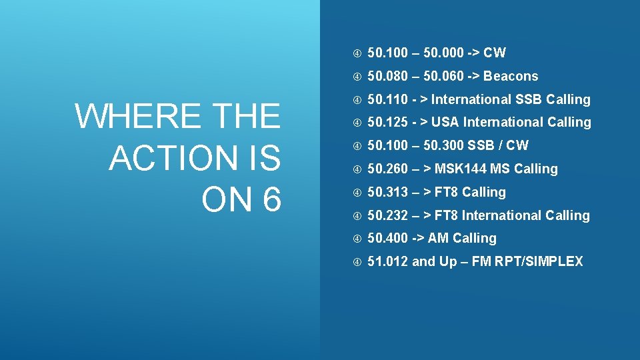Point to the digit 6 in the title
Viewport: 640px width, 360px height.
270,199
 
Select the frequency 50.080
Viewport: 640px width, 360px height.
387,76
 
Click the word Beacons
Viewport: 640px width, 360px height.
511,76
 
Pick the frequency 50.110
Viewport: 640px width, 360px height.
387,99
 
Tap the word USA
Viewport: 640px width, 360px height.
445,122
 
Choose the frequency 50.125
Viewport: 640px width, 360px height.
387,122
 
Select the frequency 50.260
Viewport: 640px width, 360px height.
387,169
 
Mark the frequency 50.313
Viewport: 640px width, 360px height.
387,192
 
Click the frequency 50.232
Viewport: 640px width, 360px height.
387,215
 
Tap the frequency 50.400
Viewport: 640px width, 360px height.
387,238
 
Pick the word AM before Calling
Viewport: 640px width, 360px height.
438,238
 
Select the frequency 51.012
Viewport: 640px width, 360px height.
387,261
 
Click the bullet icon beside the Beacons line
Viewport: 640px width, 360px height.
357,76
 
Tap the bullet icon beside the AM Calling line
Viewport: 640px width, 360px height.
357,239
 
